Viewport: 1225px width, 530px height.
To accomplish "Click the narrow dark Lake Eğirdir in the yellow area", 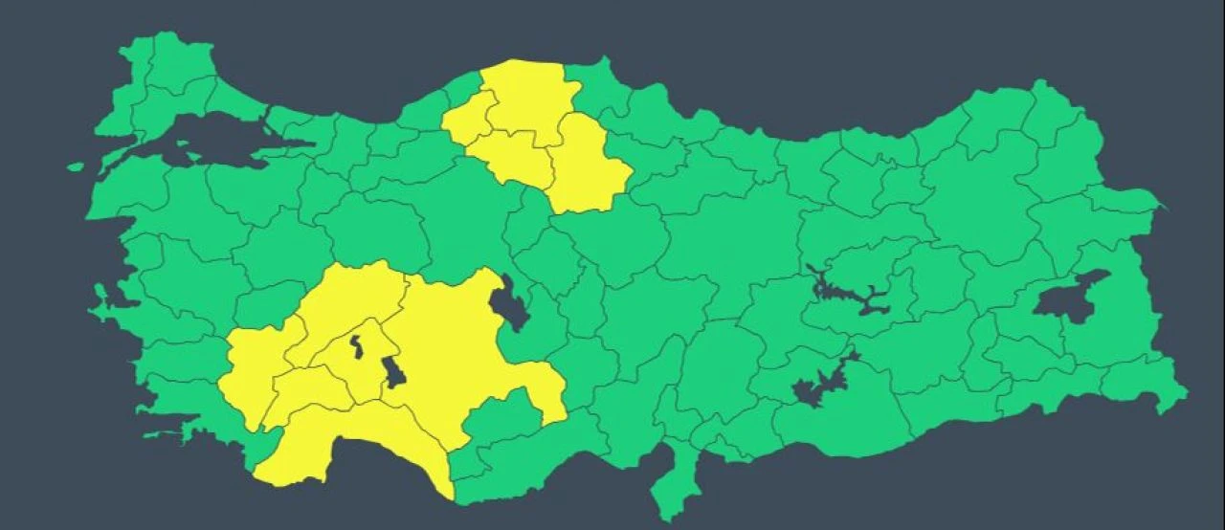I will coord(356,346).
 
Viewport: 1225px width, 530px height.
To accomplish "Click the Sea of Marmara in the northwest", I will coord(206,139).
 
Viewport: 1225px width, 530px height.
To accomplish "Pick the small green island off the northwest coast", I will coord(76,166).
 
